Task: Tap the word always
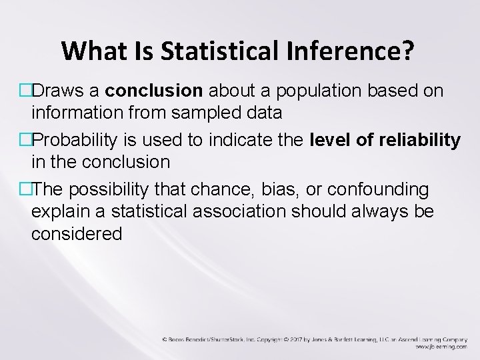381,212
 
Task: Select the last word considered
77,234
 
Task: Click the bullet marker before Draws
26,89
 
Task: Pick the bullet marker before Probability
26,140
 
